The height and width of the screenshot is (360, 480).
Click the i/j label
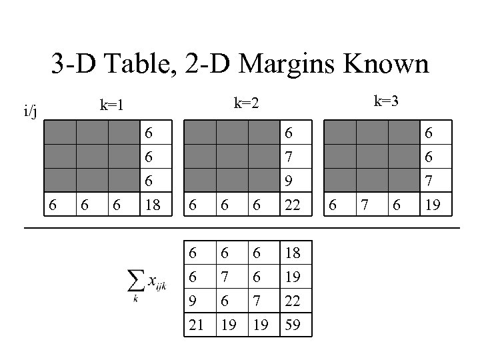tap(31, 112)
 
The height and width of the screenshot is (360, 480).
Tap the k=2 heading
tap(246, 103)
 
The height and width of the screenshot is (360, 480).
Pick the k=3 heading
tap(387, 101)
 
